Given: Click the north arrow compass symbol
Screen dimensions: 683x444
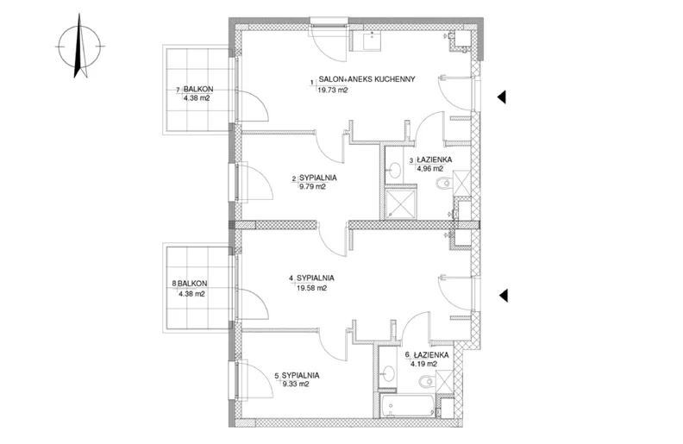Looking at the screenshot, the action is click(79, 46).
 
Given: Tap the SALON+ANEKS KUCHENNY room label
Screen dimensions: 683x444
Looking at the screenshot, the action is click(367, 79).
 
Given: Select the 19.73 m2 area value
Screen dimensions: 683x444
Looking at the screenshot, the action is click(333, 91).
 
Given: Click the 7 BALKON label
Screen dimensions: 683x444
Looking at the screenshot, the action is click(195, 90).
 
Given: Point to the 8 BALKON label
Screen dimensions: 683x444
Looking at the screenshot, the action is click(190, 284).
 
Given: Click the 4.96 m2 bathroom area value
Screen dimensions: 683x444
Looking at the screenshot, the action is click(430, 168).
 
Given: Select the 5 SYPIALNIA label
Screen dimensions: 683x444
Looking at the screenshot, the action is click(297, 375).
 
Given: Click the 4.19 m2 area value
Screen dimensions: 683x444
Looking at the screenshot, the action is click(423, 364).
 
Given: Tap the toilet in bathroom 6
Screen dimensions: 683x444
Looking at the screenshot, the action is click(427, 382).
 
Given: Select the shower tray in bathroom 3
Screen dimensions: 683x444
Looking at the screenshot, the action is click(401, 203).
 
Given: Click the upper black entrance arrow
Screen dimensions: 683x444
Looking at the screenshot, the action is click(502, 97).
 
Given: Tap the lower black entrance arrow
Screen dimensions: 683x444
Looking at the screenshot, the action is click(503, 296).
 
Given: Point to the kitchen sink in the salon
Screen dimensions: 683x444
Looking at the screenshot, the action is click(371, 41).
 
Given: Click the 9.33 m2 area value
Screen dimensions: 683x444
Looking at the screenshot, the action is click(296, 385).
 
